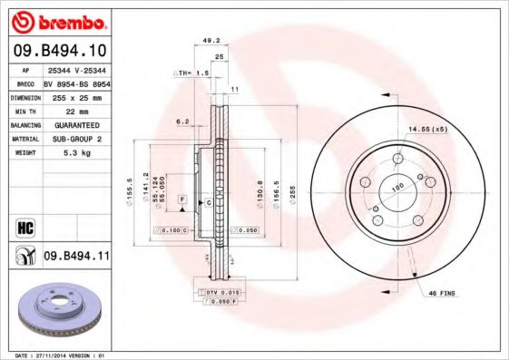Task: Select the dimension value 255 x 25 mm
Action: pos(76,96)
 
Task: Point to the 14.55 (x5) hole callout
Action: pos(427,129)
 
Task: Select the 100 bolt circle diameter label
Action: pos(396,188)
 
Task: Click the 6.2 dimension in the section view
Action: pos(181,122)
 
